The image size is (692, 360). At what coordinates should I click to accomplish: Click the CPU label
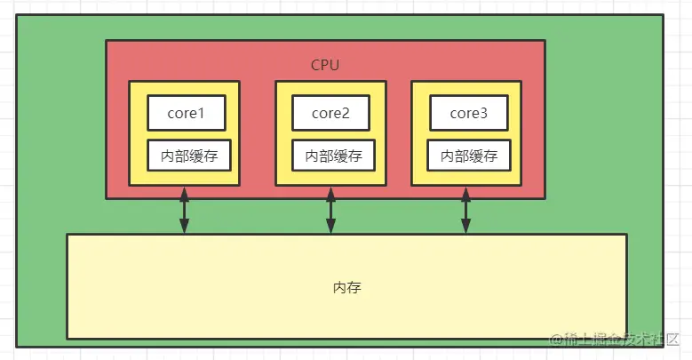(x=325, y=65)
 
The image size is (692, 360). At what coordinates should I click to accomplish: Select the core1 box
(x=186, y=114)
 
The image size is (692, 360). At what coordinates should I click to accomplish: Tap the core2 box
(x=330, y=114)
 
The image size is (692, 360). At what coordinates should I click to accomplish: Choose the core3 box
(x=468, y=114)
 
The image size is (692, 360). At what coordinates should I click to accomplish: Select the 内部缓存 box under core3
(x=468, y=156)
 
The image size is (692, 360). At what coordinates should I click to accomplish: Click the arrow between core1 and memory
(x=184, y=210)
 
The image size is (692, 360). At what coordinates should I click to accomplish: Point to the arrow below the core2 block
(x=330, y=210)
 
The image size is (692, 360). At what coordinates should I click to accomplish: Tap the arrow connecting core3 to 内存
(x=465, y=210)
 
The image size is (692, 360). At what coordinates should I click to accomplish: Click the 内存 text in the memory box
(x=347, y=288)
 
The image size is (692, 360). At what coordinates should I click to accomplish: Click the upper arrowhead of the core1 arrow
(x=184, y=192)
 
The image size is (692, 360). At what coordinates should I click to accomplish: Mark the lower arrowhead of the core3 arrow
(x=465, y=228)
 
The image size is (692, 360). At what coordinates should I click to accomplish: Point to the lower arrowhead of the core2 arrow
(x=330, y=228)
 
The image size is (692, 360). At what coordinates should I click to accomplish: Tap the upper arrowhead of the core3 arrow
(x=465, y=192)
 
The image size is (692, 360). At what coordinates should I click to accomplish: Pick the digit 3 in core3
(x=485, y=114)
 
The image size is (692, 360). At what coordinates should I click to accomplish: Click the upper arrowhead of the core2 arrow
(x=330, y=192)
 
